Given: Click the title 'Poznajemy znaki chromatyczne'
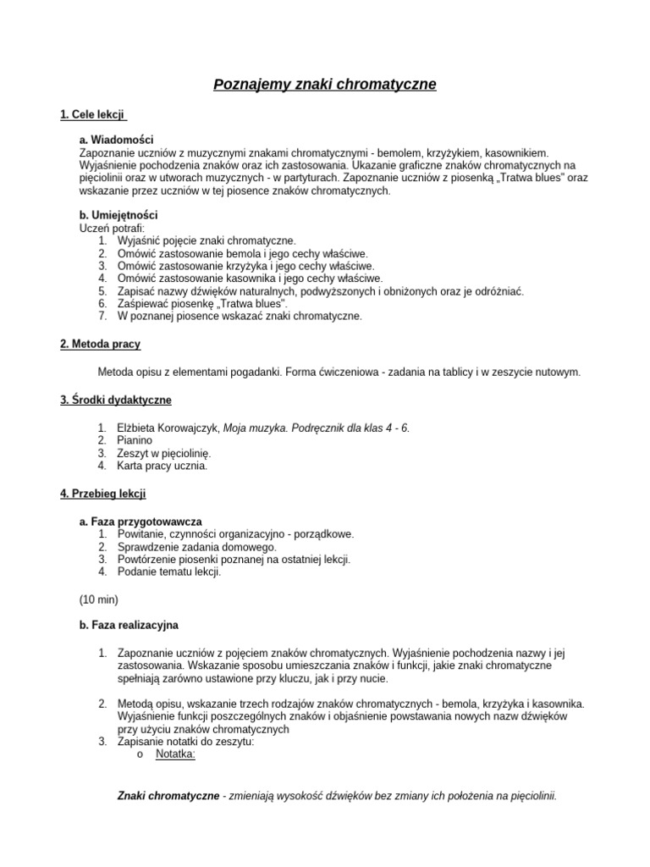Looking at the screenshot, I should coord(324,85).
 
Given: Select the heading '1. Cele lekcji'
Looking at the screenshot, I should coord(93,113).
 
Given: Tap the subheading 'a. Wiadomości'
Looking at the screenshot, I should coord(116,139).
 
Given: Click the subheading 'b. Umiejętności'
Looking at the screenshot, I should coord(118,215).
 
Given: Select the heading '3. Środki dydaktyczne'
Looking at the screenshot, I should coord(115,400).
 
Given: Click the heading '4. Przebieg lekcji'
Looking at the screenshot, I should coord(103,493).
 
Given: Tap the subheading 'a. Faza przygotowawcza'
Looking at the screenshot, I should coord(140,522).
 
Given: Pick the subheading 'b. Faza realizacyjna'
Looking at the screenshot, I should coord(129,625).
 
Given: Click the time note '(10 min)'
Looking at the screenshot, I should coord(99,599).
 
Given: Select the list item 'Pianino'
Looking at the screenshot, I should coord(135,440).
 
